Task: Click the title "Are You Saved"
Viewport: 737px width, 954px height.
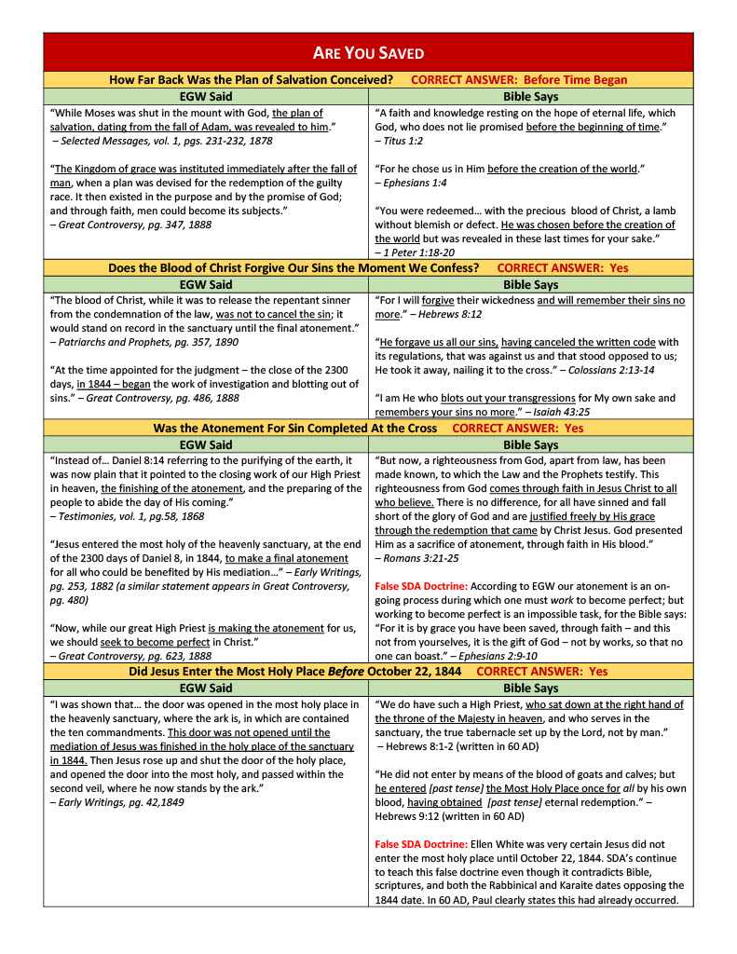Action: pos(368,53)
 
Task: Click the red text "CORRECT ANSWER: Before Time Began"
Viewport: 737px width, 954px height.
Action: pos(519,80)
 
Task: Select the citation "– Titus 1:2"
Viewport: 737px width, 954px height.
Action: pos(399,141)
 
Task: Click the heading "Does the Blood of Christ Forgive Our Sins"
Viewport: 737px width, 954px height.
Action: pos(293,268)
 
